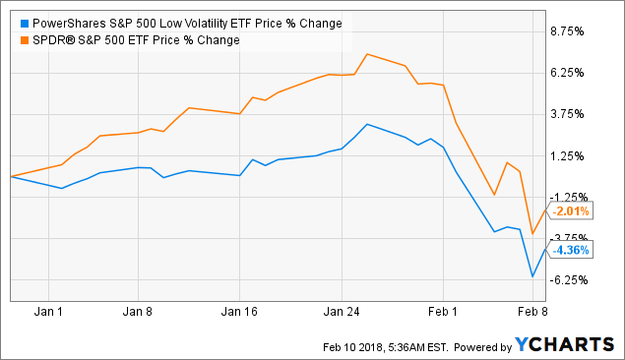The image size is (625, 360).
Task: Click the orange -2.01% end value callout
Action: pyautogui.click(x=570, y=210)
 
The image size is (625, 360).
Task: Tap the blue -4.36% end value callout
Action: pyautogui.click(x=570, y=250)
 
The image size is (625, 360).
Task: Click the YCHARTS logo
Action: pyautogui.click(x=562, y=345)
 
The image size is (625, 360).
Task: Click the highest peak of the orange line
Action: pyautogui.click(x=366, y=54)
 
